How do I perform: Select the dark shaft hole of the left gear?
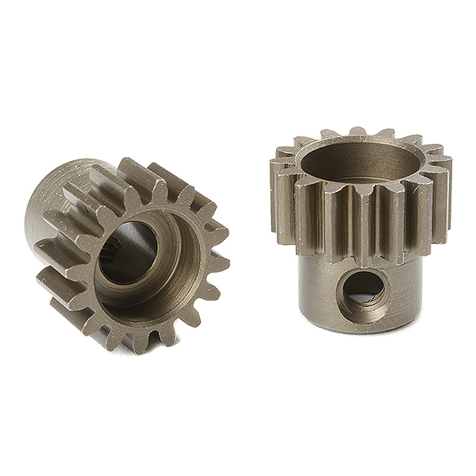pos(128,254)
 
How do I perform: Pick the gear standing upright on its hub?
pos(361,230)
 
